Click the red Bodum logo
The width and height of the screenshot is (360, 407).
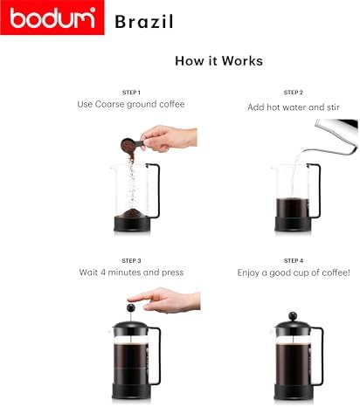[52, 17]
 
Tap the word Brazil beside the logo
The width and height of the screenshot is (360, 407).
[144, 22]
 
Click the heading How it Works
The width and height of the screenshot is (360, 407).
[218, 61]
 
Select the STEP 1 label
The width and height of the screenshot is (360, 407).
[131, 93]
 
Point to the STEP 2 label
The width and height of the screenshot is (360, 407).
[294, 93]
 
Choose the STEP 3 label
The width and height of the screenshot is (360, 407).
[131, 260]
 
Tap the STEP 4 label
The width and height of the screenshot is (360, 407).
[294, 260]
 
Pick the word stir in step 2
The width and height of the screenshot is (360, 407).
[333, 107]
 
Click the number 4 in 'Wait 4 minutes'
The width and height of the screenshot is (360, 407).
[103, 272]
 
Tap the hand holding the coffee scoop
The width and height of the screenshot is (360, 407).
[169, 138]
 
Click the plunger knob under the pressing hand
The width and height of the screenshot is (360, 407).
[131, 307]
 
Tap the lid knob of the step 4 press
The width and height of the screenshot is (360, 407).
[293, 316]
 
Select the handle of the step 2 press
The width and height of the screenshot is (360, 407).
[317, 190]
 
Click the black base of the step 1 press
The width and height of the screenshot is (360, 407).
[132, 224]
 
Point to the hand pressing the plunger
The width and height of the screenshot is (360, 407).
[164, 300]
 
